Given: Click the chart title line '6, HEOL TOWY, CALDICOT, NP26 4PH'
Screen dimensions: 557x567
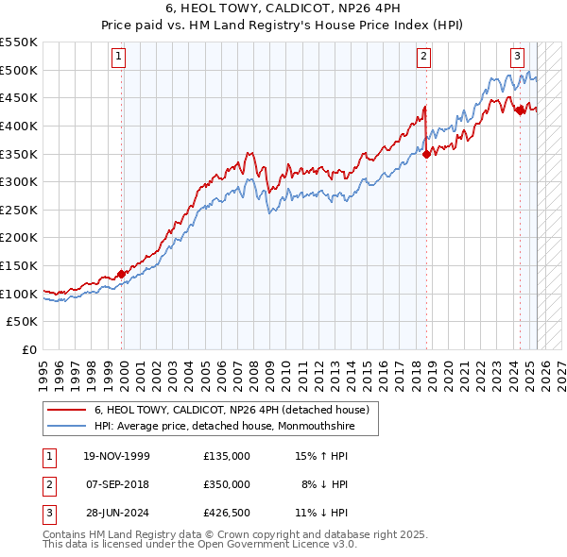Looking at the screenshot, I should pyautogui.click(x=283, y=10).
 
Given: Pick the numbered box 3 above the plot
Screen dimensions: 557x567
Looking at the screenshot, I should pyautogui.click(x=518, y=56).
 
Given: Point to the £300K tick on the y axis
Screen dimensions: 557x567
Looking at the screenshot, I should pyautogui.click(x=21, y=181).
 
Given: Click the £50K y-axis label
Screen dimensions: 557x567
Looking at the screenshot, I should pyautogui.click(x=25, y=322).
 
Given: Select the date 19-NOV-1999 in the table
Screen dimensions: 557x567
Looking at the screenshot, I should pyautogui.click(x=117, y=456).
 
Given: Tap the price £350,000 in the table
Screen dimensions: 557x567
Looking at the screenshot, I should pyautogui.click(x=227, y=484).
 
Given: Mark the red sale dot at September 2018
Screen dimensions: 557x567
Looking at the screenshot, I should pyautogui.click(x=426, y=154).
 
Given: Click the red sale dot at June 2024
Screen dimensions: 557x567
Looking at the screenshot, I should pyautogui.click(x=519, y=110).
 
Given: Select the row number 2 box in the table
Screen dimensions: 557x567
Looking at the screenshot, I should pyautogui.click(x=48, y=484).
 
